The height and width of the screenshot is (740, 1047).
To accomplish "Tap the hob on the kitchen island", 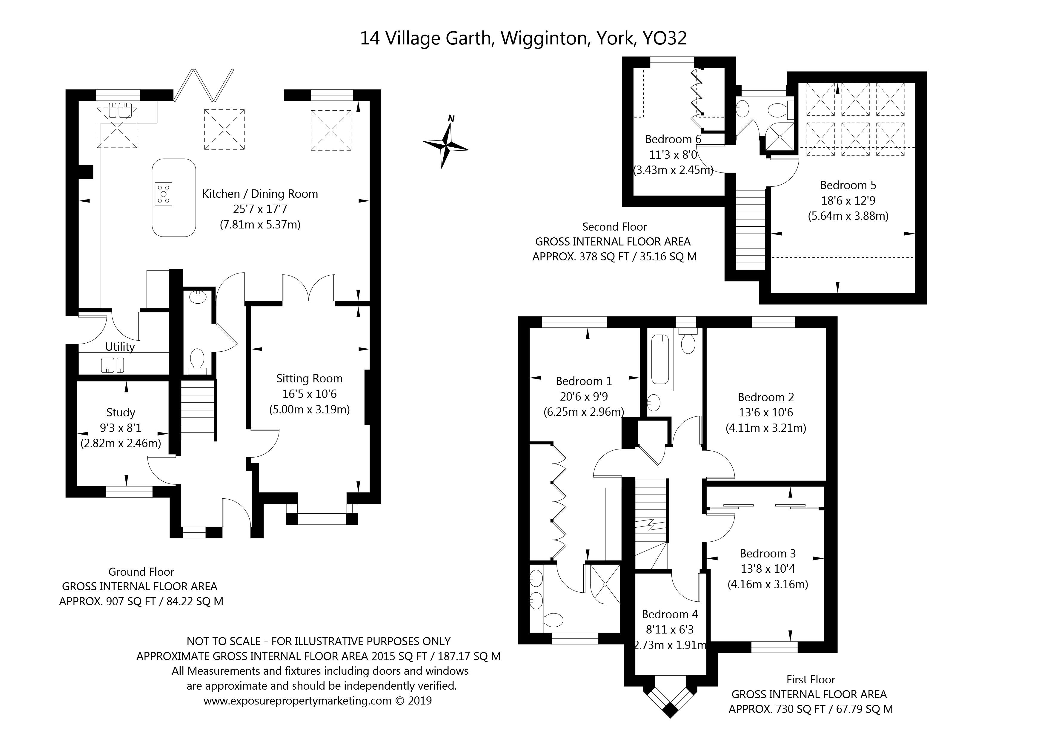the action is (164, 194).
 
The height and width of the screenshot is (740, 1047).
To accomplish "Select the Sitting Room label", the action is (309, 379).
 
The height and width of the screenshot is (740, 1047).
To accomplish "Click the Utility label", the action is (120, 347).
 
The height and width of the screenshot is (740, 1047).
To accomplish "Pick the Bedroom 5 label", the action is (848, 185).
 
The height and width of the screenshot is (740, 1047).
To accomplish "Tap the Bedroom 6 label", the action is (673, 139).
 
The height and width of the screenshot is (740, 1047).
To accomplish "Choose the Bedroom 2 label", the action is (766, 397).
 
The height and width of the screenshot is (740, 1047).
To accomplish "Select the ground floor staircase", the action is (198, 410).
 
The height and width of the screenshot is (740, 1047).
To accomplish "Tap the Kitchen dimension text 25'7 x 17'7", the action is (260, 209).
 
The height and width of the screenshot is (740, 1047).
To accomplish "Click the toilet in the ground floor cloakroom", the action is (197, 360).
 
